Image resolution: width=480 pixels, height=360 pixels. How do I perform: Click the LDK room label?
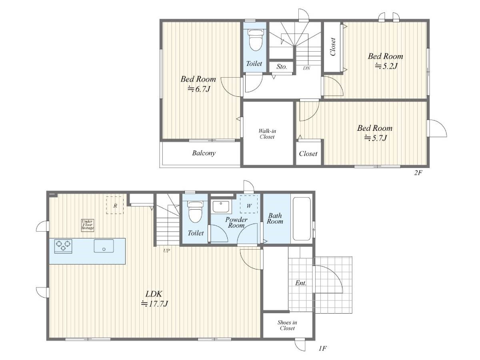tap(154, 294)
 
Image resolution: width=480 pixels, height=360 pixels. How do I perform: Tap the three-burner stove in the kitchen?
tap(63, 246)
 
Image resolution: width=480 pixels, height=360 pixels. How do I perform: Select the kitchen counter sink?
tap(104, 246)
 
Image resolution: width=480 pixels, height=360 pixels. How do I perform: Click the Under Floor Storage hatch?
tap(88, 225)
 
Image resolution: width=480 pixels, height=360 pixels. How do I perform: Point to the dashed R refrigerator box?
tap(115, 205)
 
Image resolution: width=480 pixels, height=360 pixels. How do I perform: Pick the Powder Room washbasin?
tap(221, 207)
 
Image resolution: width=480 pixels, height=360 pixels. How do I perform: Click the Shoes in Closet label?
tap(287, 325)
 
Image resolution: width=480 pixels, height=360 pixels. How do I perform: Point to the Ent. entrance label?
tap(300, 283)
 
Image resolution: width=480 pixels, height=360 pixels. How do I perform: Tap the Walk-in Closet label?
tap(267, 134)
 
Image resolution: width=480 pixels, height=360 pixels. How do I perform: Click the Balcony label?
tap(204, 153)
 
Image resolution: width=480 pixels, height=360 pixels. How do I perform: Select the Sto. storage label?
tap(282, 66)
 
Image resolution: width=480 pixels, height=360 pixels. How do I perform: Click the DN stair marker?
tap(306, 68)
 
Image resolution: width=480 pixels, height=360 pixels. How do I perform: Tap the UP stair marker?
tap(166, 251)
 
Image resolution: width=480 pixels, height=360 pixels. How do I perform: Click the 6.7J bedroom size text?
tap(199, 89)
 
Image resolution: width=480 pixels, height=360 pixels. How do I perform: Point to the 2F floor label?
tap(418, 173)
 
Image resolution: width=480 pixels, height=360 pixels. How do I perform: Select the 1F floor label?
tap(322, 348)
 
